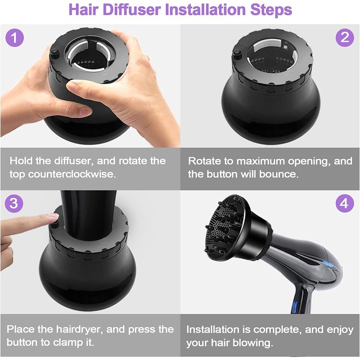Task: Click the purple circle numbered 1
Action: point(14,37)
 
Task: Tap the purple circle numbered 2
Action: point(345,37)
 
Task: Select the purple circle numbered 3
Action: point(14,203)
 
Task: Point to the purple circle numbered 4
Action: point(345,203)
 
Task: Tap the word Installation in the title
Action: point(206,9)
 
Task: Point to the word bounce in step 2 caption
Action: point(279,174)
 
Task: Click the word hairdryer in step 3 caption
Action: point(80,329)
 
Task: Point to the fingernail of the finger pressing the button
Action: point(54,215)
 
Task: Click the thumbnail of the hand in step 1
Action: point(72,85)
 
